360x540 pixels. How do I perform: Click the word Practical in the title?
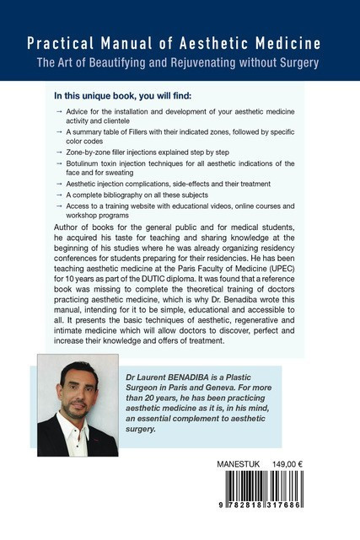point(56,43)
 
